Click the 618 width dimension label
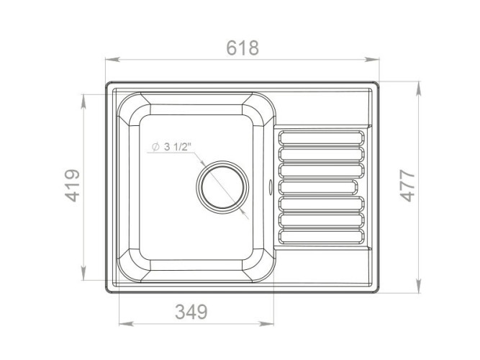click(243, 48)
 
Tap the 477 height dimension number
click(408, 186)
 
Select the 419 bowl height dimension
click(73, 186)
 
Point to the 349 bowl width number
click(191, 312)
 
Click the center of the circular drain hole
click(222, 187)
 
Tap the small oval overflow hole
click(270, 186)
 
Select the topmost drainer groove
click(322, 138)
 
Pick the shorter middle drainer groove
click(318, 187)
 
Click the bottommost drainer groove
click(322, 236)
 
